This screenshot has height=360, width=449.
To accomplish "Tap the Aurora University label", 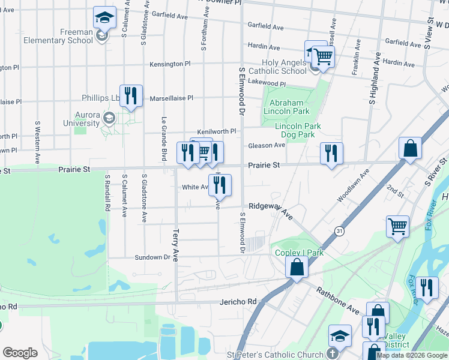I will tap(81, 119).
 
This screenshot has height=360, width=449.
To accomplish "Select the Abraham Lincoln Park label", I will tap(285, 107).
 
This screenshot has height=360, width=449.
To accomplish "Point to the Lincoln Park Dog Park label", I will tap(298, 130).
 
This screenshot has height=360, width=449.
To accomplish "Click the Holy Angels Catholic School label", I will tap(284, 67).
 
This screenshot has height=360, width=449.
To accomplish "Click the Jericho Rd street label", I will tap(238, 301).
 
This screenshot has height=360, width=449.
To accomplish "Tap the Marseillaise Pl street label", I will tap(171, 98).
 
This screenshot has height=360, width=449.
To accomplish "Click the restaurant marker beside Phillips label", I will tap(131, 95).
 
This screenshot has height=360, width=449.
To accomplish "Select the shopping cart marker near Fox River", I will tap(397, 227).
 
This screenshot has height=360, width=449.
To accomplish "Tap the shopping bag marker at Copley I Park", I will tap(297, 267).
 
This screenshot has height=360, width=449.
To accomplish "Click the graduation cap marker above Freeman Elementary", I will tap(104, 18).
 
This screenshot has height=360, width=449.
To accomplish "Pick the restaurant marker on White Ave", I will tap(219, 185).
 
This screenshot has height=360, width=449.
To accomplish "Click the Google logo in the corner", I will tap(20, 353).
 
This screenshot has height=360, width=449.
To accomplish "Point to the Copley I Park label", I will tap(299, 253).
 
